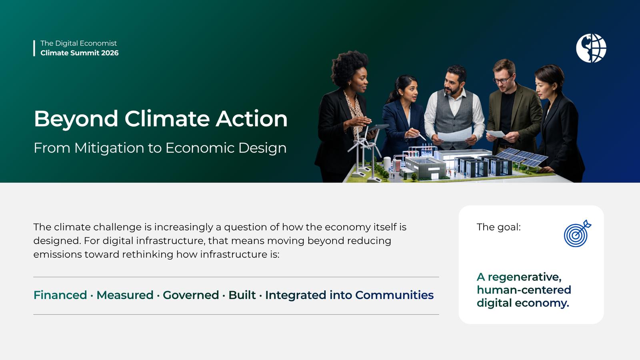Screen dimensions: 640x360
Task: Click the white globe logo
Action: coord(591,48)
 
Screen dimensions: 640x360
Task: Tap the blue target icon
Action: coord(577,234)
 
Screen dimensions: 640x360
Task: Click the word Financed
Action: coord(60,295)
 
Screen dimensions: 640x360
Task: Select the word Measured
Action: coord(125,295)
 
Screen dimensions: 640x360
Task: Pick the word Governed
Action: coord(191,295)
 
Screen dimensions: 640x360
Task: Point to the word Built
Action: coord(242,295)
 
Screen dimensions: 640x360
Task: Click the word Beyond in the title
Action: coord(76,119)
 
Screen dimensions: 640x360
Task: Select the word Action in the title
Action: coord(252,118)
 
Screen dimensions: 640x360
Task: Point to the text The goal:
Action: coord(498,227)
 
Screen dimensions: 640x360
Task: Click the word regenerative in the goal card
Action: coord(524,277)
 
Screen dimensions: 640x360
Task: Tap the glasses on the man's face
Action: coord(502,80)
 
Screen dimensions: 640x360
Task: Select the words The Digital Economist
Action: coord(78,43)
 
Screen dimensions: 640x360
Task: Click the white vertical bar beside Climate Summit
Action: coord(34,48)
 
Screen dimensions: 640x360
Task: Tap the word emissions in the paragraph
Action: coord(58,254)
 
